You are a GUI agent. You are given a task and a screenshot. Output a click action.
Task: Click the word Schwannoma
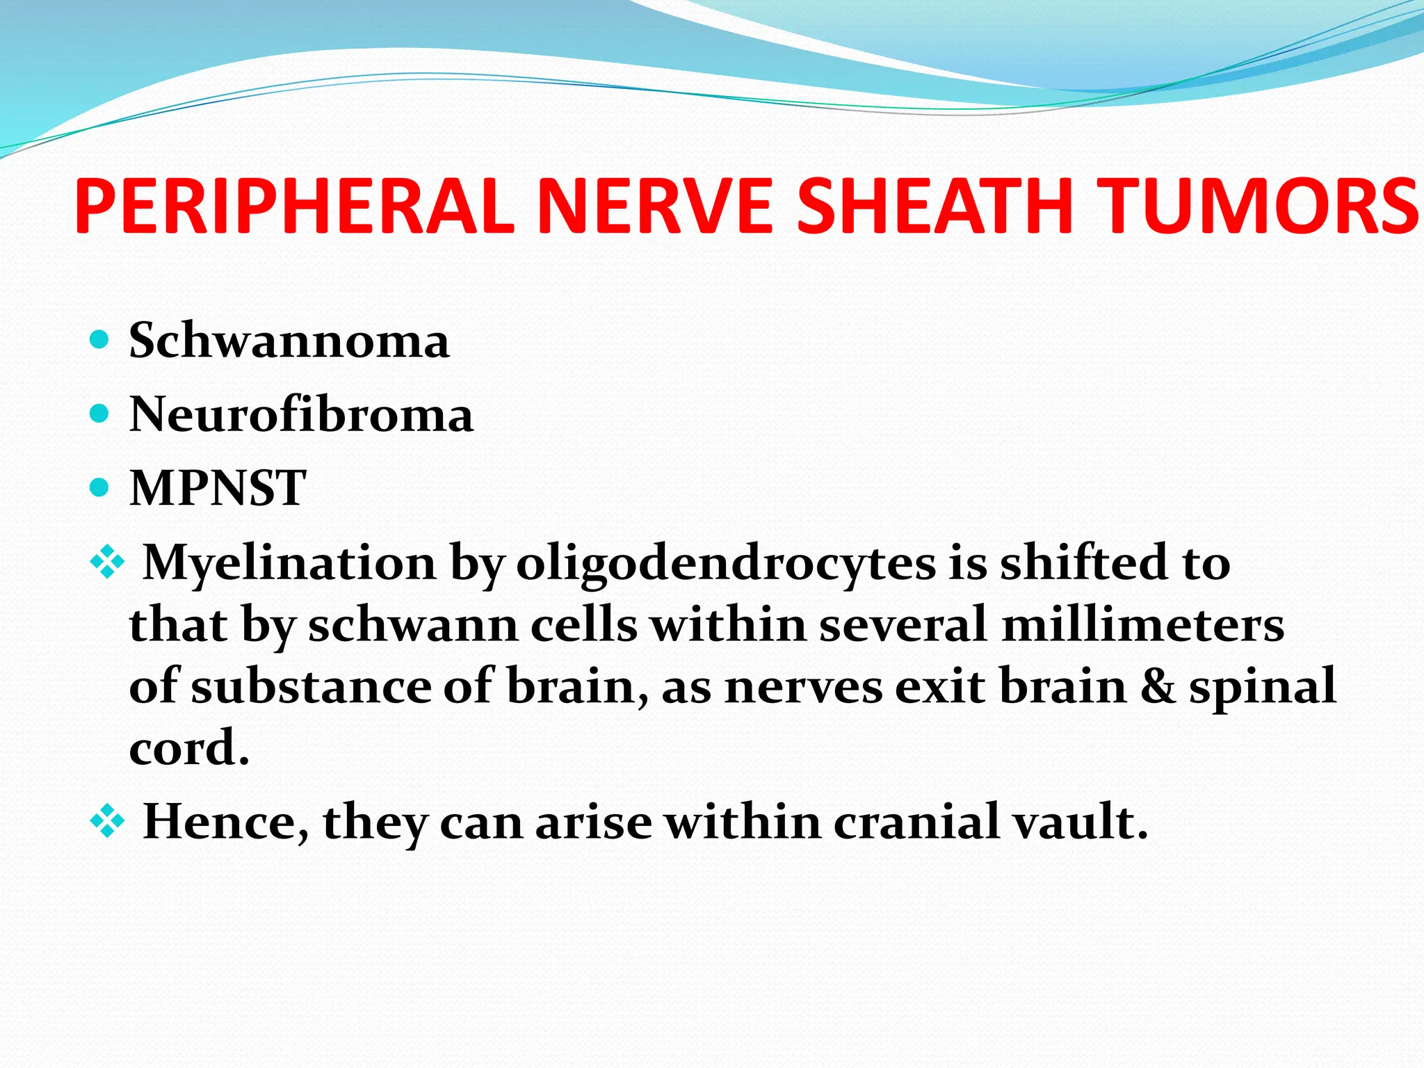289,341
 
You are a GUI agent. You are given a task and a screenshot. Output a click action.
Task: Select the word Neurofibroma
301,414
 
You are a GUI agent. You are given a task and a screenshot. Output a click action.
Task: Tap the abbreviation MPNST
218,487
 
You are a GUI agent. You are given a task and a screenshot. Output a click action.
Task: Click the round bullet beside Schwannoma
100,340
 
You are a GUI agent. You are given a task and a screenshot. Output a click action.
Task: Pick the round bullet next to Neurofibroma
100,414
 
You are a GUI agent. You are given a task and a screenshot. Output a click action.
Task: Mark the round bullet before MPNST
100,487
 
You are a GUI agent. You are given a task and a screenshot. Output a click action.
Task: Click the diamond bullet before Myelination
107,561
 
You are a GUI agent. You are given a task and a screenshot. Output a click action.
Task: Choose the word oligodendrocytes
726,563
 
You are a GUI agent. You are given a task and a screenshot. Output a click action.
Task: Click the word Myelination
289,563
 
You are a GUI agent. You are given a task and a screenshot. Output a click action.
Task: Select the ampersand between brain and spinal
1158,686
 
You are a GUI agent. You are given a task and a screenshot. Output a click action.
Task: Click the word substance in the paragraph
311,686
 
